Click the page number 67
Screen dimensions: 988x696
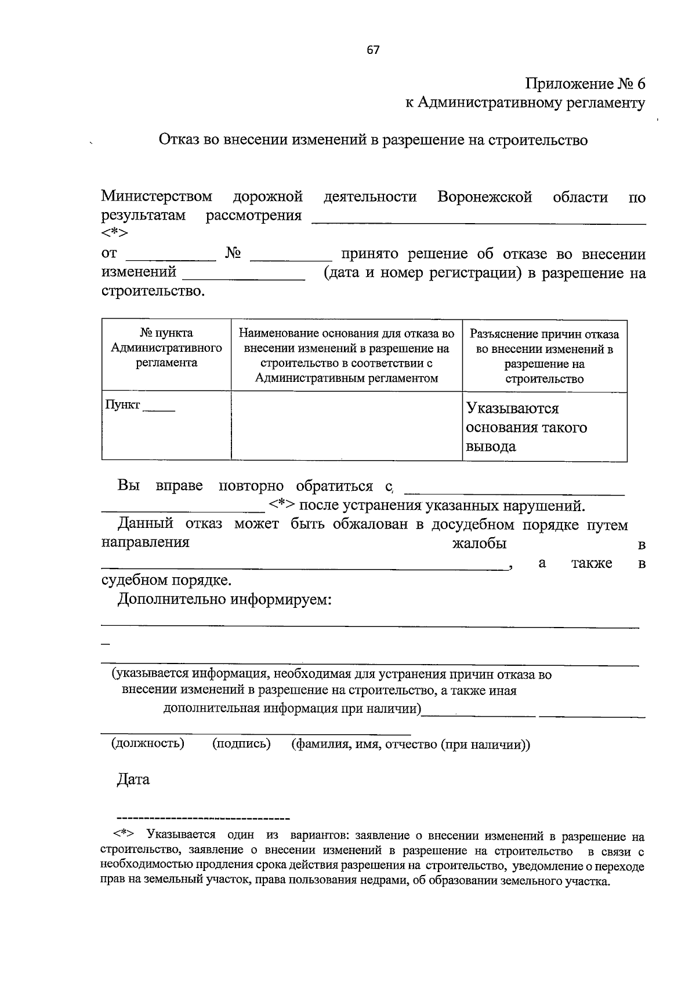point(373,50)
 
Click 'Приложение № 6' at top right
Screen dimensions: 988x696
point(585,83)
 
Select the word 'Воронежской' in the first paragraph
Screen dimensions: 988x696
point(485,197)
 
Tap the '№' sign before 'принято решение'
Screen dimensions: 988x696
point(233,254)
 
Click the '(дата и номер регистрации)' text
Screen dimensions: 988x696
point(422,273)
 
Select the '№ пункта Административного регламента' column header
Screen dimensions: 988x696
point(166,348)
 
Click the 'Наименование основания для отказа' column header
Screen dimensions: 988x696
point(346,356)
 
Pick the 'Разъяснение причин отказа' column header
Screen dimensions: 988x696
point(544,356)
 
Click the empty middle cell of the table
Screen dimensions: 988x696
point(346,426)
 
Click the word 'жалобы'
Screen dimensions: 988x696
point(479,544)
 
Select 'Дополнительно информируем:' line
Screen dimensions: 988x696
point(224,599)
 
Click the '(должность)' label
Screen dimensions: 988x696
point(148,743)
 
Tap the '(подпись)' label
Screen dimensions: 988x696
point(241,743)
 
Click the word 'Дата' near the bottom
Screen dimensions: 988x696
point(133,779)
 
